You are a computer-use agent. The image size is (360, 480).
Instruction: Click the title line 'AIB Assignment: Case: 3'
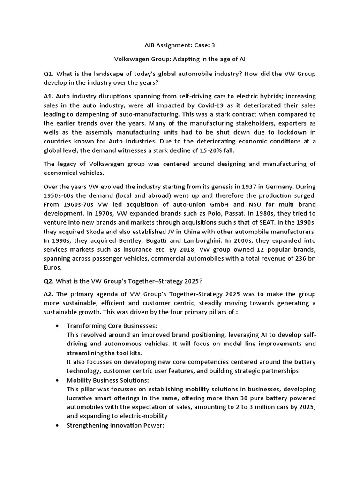[x=180, y=45]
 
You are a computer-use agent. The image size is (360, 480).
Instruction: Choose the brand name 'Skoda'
[x=93, y=231]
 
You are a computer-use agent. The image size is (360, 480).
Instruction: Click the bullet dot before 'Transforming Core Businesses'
[x=57, y=326]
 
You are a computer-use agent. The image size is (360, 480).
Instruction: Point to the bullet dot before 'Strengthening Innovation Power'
[x=57, y=425]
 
